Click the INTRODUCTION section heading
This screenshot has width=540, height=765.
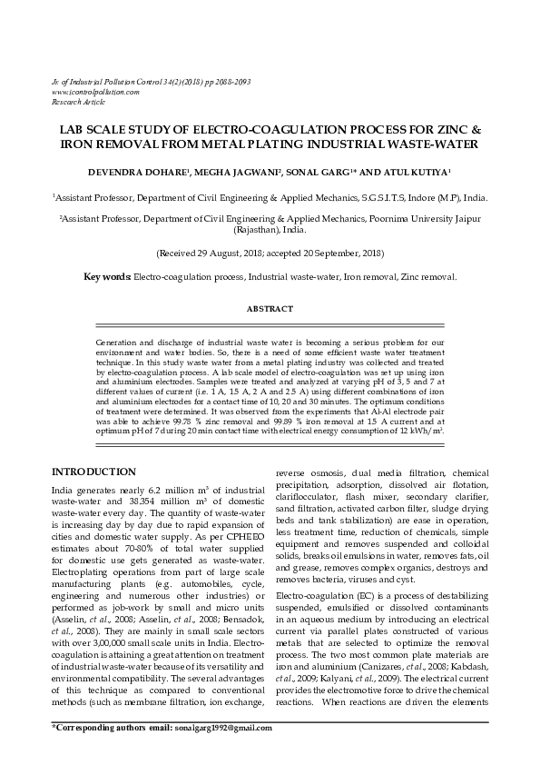[93, 472]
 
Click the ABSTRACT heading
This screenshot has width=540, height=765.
[270, 309]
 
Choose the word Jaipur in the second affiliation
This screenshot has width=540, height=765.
[464, 219]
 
